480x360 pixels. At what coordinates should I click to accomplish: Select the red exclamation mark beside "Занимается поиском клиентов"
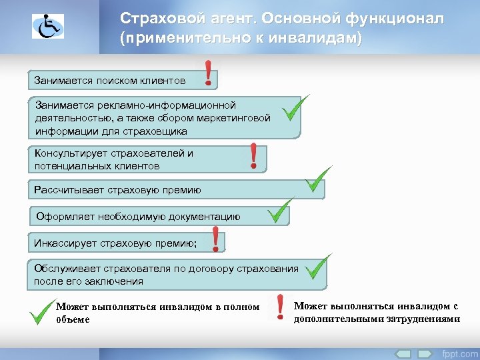pyautogui.click(x=209, y=73)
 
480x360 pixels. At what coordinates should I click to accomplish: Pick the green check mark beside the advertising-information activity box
pyautogui.click(x=294, y=108)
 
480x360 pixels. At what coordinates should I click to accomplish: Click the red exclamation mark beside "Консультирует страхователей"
pyautogui.click(x=253, y=156)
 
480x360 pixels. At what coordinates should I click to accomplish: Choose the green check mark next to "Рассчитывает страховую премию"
pyautogui.click(x=318, y=178)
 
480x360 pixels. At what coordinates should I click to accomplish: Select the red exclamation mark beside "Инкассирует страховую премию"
pyautogui.click(x=215, y=239)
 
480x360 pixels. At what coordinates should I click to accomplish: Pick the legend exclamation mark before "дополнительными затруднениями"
pyautogui.click(x=281, y=307)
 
